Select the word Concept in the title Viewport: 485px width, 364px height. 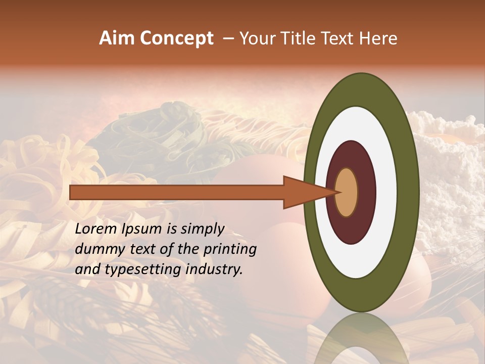(x=176, y=38)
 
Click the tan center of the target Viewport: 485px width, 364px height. (x=347, y=193)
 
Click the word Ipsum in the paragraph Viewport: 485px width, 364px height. (x=146, y=230)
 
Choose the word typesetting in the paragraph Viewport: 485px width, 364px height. (x=136, y=269)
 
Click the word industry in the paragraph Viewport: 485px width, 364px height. (x=214, y=269)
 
